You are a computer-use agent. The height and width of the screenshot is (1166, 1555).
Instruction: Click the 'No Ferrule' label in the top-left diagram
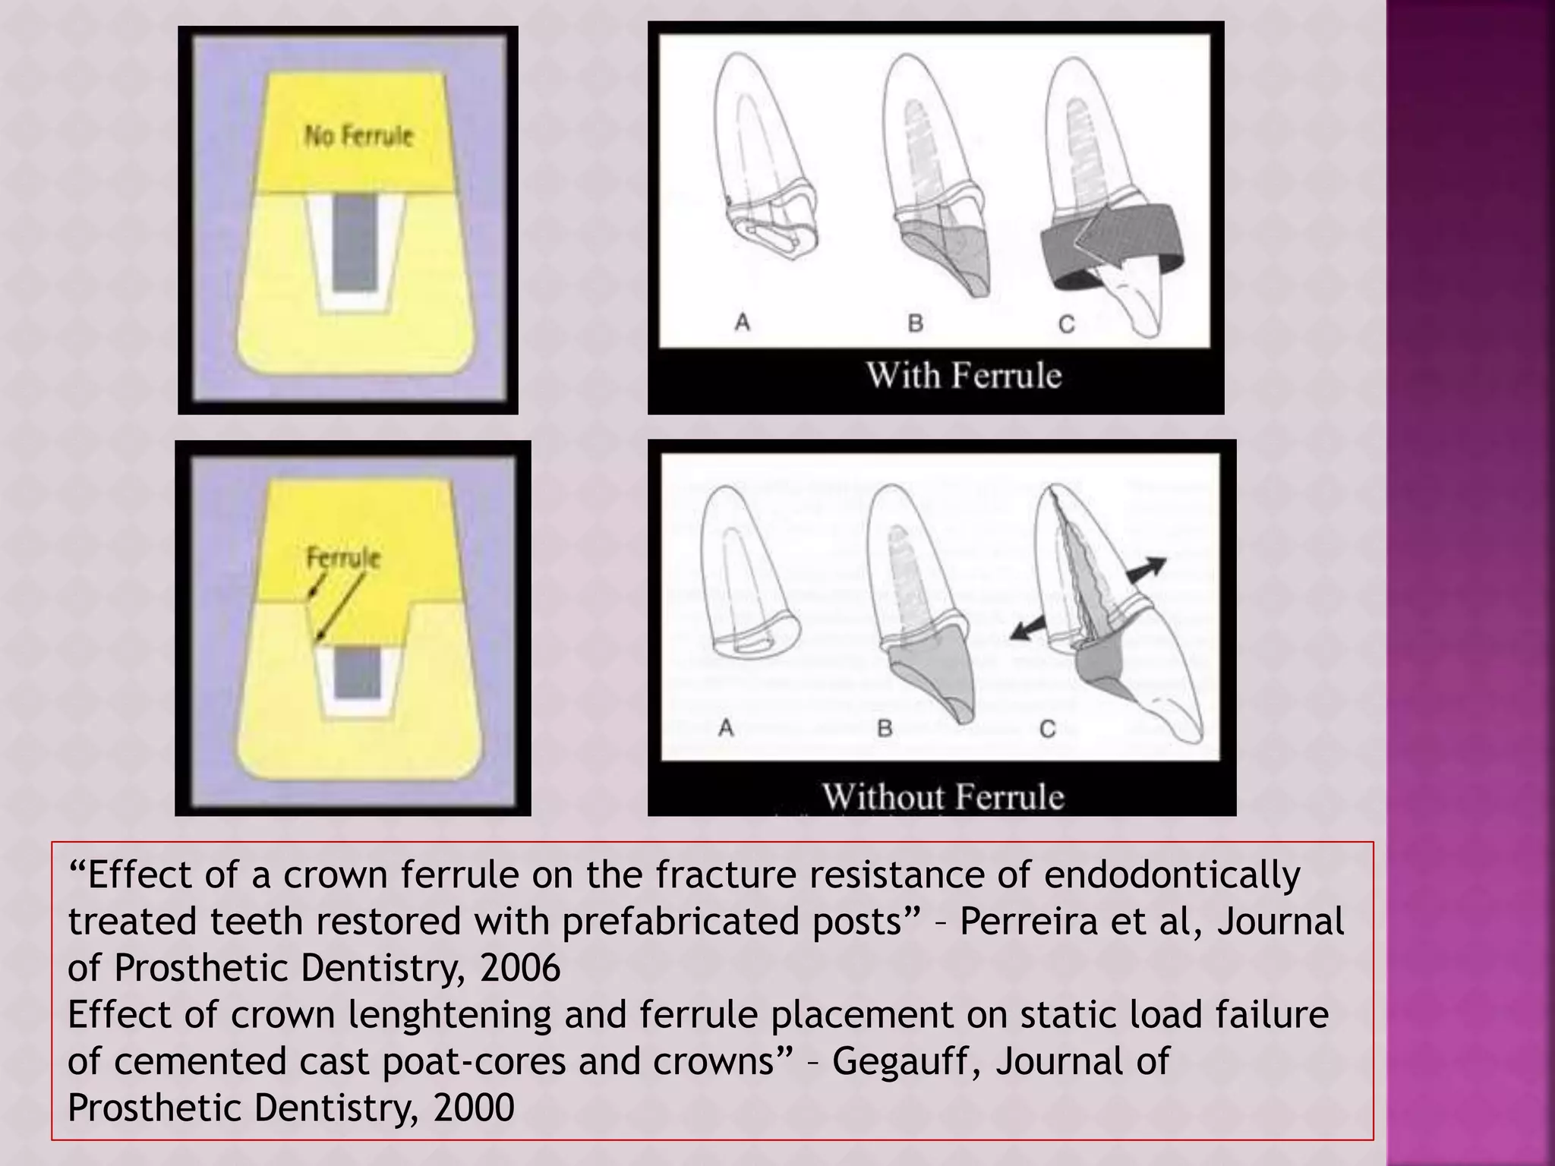pos(358,136)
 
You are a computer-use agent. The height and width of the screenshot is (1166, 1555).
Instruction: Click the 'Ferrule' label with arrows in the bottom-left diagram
pos(343,558)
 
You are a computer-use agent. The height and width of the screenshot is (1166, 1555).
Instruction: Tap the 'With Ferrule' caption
pos(964,376)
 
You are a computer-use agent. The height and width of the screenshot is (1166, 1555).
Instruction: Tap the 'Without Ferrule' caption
pos(943,796)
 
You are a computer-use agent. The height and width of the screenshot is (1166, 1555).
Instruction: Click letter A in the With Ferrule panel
pos(743,323)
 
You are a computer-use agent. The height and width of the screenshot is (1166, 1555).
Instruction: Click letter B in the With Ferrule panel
pos(915,323)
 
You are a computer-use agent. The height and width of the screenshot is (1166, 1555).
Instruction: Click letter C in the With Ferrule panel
pos(1066,324)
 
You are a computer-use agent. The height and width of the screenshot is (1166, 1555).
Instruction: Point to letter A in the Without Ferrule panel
pos(726,728)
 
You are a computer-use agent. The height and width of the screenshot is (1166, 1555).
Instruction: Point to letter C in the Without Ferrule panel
pos(1047,730)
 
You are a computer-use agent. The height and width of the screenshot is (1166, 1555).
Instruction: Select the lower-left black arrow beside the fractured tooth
pos(1028,629)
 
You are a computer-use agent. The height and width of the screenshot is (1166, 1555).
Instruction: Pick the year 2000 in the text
pos(474,1108)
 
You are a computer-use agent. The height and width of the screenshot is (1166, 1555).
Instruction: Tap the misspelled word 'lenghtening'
pos(449,1015)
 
